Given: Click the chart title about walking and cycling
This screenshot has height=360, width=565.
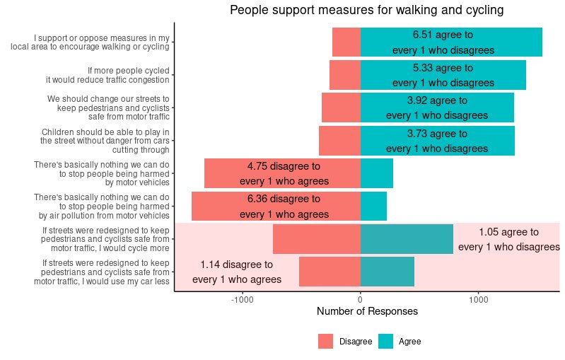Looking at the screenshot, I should (366, 11).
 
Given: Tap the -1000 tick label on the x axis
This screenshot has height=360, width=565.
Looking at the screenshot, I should (243, 299).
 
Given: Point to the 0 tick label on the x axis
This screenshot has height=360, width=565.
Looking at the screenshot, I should (361, 299).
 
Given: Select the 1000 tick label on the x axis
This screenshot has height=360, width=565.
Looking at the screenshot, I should (478, 299).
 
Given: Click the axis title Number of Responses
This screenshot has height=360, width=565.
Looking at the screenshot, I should (367, 312).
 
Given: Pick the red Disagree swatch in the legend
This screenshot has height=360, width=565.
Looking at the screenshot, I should (325, 342).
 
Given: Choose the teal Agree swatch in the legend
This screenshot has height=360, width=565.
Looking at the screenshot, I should (385, 342).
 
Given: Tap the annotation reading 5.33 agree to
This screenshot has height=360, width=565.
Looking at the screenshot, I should (443, 68).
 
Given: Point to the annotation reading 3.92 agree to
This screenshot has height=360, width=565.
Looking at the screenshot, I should (437, 100).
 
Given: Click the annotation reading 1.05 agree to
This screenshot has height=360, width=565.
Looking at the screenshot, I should (508, 232).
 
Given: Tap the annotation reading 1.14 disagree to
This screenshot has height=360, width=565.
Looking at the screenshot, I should (236, 265).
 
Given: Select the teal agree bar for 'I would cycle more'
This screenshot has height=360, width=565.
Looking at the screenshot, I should (407, 239).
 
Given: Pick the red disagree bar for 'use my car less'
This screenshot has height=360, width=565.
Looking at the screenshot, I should (330, 272).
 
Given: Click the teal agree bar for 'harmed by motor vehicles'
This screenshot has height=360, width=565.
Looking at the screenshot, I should (377, 173).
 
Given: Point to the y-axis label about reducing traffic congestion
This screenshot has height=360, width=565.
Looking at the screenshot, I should (128, 75).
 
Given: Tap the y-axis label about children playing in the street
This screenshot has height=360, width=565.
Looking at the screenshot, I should (105, 141).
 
